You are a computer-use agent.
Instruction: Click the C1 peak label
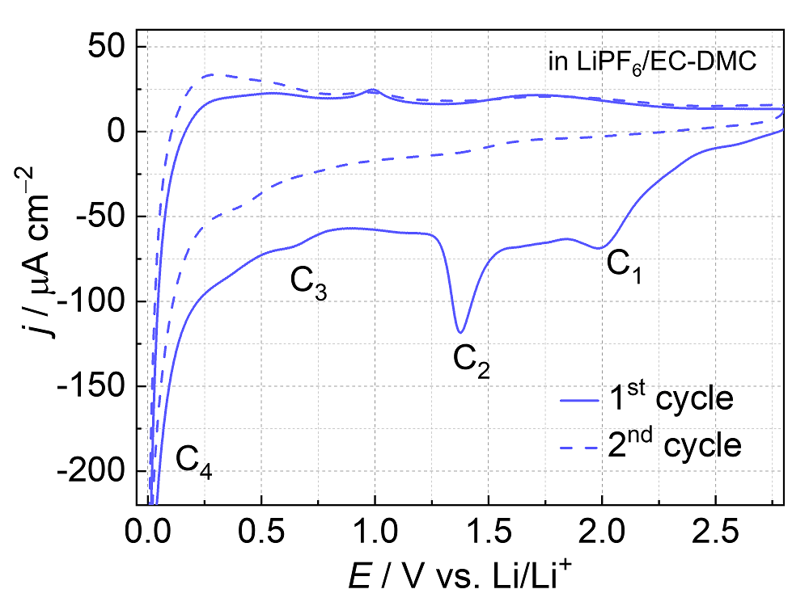624,267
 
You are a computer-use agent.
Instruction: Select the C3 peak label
308,282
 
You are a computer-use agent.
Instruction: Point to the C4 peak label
194,462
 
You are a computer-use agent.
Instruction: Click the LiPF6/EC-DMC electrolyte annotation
652,64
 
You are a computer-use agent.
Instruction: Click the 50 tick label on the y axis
105,47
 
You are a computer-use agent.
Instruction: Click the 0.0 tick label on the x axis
149,532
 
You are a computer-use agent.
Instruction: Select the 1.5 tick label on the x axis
488,532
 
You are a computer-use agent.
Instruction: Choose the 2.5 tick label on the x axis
715,532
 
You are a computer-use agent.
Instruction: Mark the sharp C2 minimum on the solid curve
460,332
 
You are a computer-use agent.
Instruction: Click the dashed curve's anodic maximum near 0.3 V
211,75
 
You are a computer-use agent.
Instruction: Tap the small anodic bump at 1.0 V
372,90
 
